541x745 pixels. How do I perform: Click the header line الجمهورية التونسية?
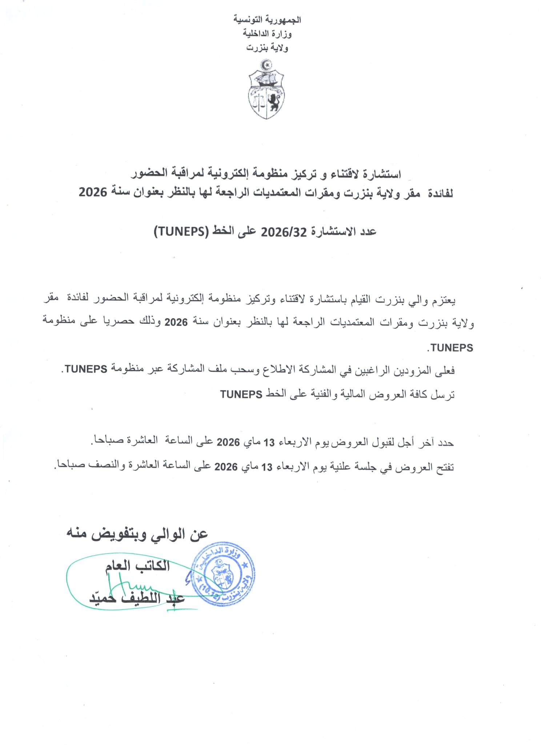point(267,20)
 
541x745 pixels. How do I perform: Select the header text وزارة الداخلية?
point(267,34)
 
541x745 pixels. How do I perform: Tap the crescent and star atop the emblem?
point(267,66)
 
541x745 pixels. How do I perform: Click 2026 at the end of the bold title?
point(93,192)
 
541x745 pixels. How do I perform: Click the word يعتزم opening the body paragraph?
point(444,300)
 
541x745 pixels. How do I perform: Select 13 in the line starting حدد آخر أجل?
point(269,442)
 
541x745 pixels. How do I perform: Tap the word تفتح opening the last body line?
point(444,467)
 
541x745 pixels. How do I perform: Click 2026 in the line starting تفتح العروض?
point(226,467)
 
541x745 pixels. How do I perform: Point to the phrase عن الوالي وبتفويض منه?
point(137,534)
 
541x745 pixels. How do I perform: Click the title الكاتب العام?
point(137,566)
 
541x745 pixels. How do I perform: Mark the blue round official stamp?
point(223,574)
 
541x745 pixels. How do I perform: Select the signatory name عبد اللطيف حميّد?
point(137,598)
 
